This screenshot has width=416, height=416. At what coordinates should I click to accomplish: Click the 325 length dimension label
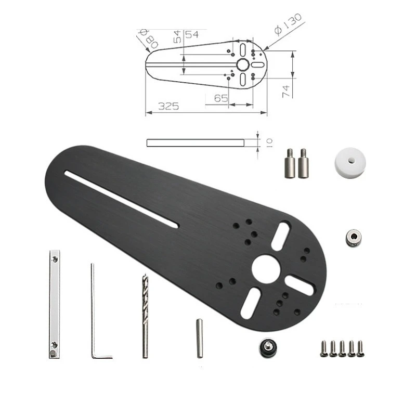click(168, 106)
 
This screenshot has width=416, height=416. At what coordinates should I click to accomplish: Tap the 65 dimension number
click(221, 98)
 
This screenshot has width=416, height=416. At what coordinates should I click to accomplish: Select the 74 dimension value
click(285, 91)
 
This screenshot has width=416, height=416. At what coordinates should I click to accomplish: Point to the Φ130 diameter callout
click(288, 24)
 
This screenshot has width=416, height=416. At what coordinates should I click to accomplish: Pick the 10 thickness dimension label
click(269, 142)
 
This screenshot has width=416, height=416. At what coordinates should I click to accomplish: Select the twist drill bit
click(146, 316)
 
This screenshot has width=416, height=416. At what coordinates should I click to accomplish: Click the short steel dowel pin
click(200, 339)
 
